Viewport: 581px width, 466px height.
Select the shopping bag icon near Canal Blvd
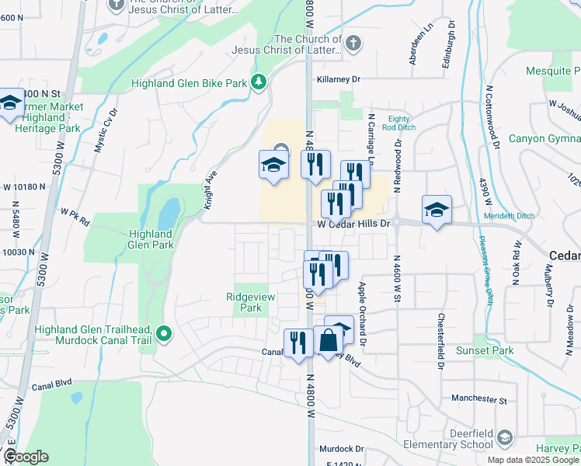point(329,341)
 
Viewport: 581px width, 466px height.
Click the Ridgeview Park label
point(244,302)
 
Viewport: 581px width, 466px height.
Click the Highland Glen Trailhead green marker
point(163,335)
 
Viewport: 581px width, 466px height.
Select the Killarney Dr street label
point(339,79)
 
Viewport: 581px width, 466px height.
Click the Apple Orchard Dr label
point(361,304)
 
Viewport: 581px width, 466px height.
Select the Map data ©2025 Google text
point(534,459)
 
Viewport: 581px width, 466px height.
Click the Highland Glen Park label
point(151,239)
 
